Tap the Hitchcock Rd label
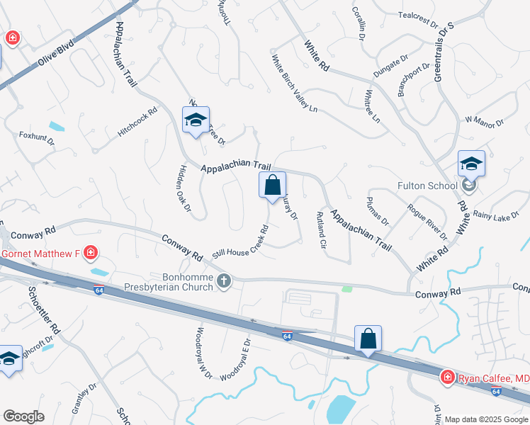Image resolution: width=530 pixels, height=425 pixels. coord(137,121)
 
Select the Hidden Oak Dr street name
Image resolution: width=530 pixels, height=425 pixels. coord(183,188)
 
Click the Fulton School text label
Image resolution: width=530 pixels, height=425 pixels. coord(422,186)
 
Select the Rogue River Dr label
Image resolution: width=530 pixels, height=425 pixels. coord(427,221)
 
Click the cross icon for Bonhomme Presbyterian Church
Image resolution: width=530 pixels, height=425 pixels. coord(224,281)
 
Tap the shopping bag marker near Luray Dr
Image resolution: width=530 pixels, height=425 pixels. coord(272,186)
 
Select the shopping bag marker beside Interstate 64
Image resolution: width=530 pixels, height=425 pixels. coord(368,339)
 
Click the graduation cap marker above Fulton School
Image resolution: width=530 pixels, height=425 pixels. coord(471,165)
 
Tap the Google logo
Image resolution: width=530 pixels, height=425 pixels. coord(24,416)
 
